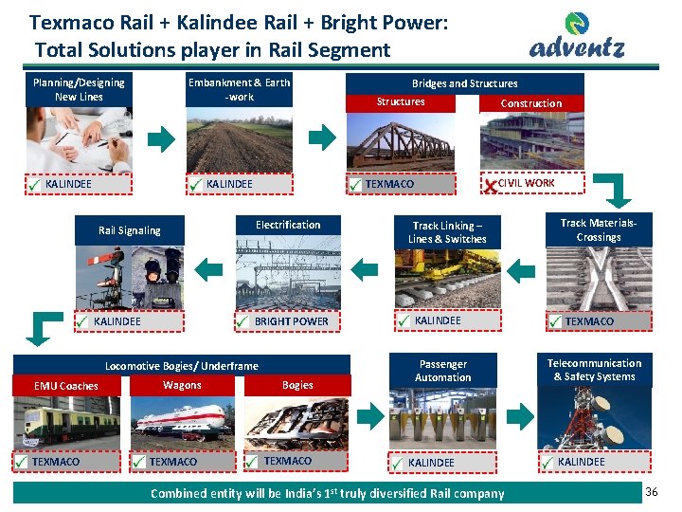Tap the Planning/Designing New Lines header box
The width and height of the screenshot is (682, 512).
tap(79, 90)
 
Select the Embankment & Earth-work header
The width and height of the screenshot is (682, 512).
tap(239, 90)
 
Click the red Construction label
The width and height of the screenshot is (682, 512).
tap(530, 103)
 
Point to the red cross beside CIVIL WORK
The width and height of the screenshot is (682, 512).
tap(489, 186)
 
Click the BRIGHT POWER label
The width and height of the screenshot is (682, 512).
tap(291, 321)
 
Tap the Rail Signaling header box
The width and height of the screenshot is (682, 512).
tap(130, 230)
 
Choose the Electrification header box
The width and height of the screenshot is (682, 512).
tap(288, 225)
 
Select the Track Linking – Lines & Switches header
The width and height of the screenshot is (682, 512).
tap(447, 232)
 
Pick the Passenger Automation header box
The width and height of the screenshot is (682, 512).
tap(442, 371)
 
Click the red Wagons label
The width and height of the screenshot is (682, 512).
tap(182, 385)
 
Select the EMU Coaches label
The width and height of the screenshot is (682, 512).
tap(65, 386)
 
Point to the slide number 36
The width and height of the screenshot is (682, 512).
tap(651, 492)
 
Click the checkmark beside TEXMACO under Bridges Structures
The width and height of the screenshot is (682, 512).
tap(354, 186)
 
